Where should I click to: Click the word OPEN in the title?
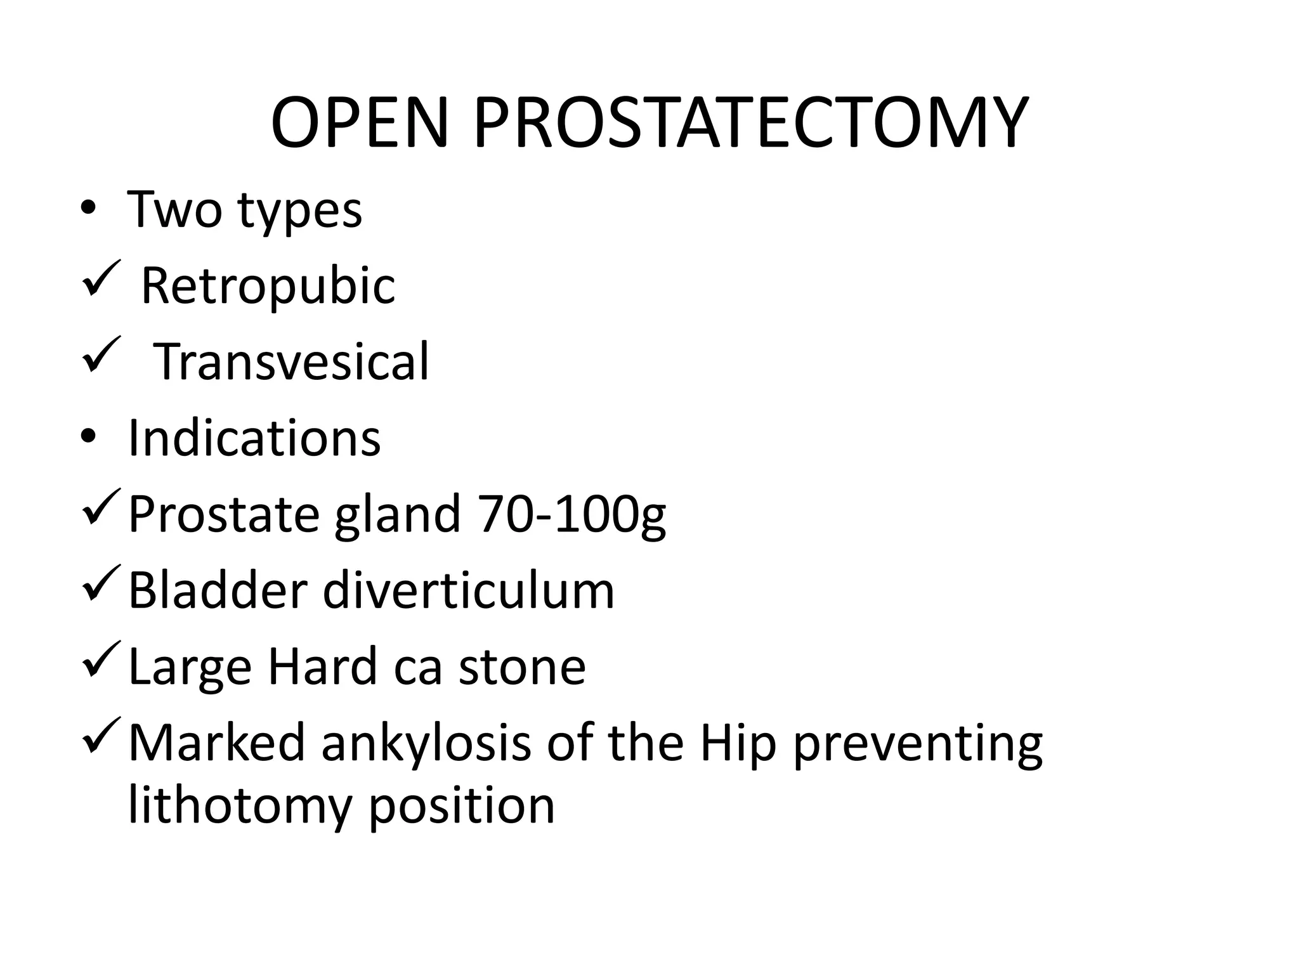tap(359, 123)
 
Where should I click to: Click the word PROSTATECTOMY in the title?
tap(750, 123)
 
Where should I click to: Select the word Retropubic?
tap(268, 287)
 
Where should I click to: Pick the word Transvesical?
tap(291, 361)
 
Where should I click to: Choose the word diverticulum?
tap(468, 591)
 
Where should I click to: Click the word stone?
tap(521, 666)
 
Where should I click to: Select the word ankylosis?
tap(426, 743)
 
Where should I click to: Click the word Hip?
tap(738, 743)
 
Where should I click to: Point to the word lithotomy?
tap(240, 806)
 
